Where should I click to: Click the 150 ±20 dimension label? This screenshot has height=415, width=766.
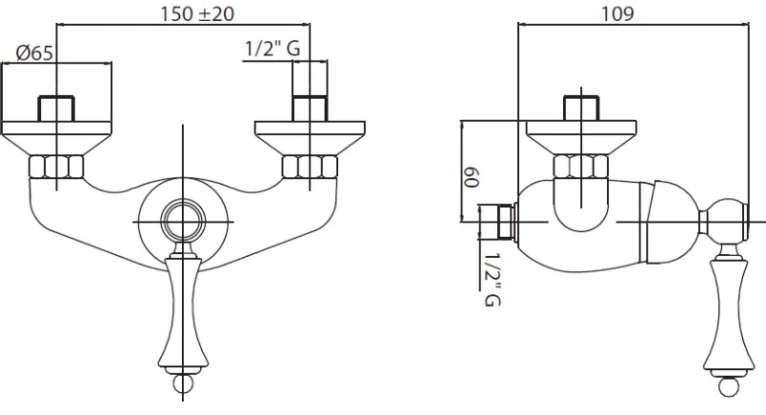(197, 13)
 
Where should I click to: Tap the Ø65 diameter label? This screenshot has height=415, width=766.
(34, 53)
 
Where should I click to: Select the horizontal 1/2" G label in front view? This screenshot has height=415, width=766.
(272, 48)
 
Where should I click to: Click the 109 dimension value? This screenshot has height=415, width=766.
(618, 13)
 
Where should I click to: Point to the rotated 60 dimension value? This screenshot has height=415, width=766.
(471, 177)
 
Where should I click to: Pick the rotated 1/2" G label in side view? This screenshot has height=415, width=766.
(492, 280)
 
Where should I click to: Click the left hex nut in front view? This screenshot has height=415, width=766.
(56, 167)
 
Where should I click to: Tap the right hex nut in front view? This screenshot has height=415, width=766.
(309, 167)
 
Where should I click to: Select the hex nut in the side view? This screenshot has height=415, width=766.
(581, 166)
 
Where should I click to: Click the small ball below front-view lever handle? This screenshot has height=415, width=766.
(183, 383)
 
